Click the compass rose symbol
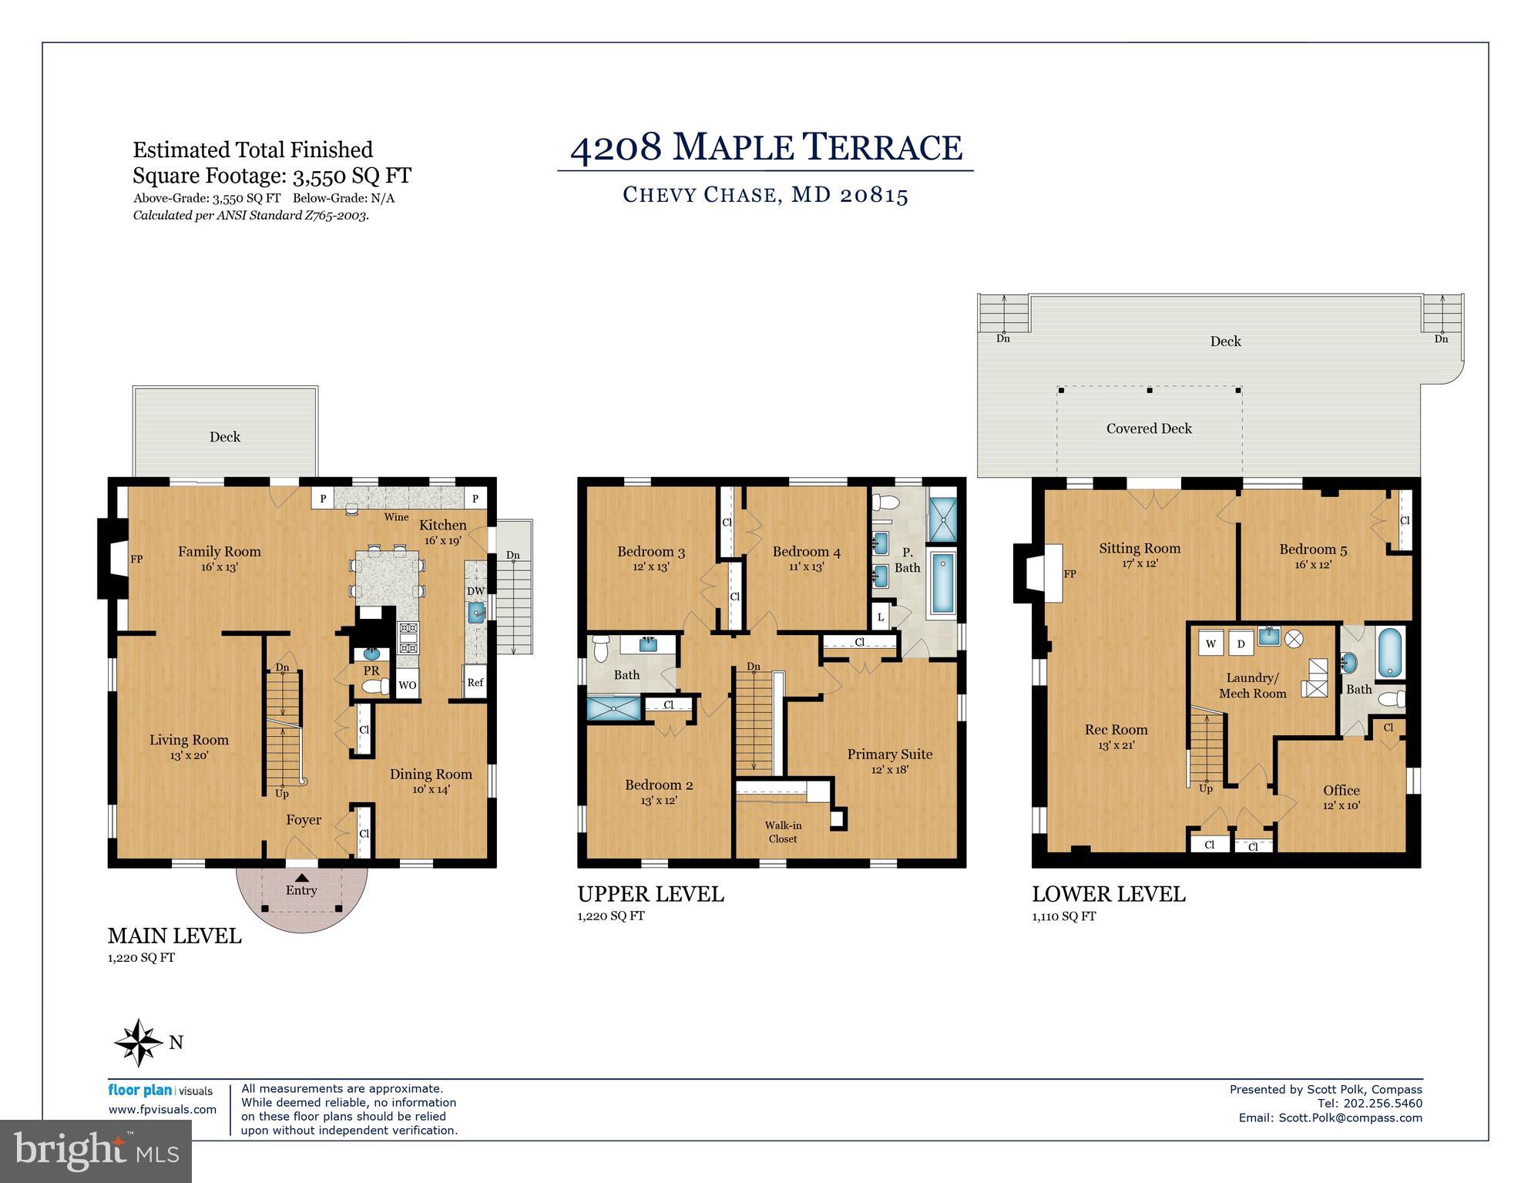[139, 1042]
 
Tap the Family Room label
[220, 552]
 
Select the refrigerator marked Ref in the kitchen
[475, 682]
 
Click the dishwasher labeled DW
[475, 591]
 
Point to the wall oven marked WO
[408, 685]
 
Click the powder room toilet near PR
[373, 687]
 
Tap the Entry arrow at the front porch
[301, 877]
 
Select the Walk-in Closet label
[782, 832]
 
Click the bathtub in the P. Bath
[942, 583]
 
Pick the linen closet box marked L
[881, 617]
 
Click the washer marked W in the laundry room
[1211, 644]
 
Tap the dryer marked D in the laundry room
[1241, 644]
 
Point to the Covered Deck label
[1149, 429]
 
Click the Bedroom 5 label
[1313, 549]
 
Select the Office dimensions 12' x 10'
[1341, 805]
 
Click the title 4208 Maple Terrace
[766, 147]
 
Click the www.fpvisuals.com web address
[163, 1110]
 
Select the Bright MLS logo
[96, 1151]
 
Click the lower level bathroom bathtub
[1390, 654]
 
